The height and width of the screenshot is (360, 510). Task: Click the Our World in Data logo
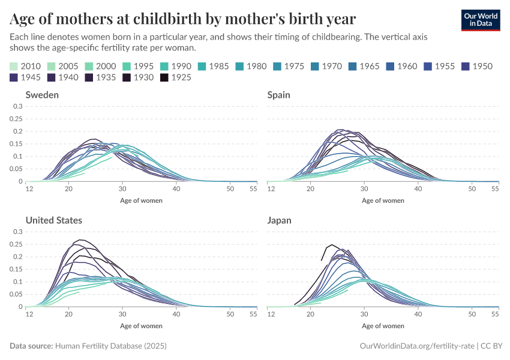point(480,20)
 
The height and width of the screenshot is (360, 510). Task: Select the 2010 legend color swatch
point(14,66)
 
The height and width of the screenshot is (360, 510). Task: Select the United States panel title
point(53,220)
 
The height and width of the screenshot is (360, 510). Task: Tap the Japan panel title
point(279,220)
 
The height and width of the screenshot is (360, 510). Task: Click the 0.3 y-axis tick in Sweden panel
point(18,106)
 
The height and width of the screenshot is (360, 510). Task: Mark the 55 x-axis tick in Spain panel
point(495,190)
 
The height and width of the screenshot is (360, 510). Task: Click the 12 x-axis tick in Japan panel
point(271,315)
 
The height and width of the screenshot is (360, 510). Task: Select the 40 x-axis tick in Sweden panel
point(176,190)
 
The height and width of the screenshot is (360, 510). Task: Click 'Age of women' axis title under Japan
point(383,326)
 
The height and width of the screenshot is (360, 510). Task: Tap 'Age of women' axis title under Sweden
point(141,200)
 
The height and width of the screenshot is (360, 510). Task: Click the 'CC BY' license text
point(492,346)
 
